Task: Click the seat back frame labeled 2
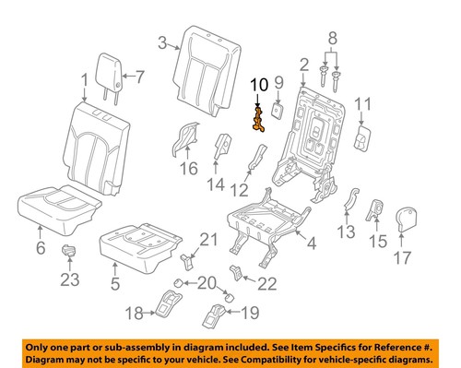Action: pyautogui.click(x=318, y=129)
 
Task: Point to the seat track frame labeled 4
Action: pyautogui.click(x=267, y=226)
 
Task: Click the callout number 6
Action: pyautogui.click(x=41, y=248)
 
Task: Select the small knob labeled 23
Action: pyautogui.click(x=68, y=251)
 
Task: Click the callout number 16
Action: pyautogui.click(x=189, y=168)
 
